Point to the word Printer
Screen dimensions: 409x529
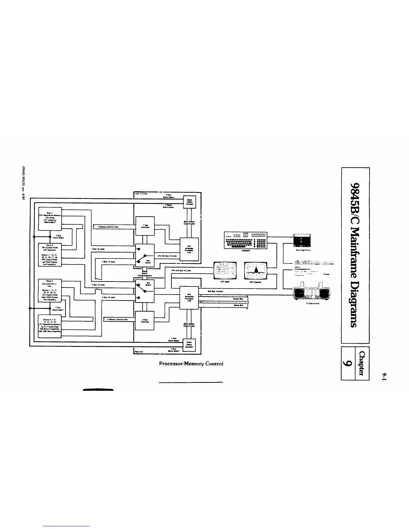tap(326, 274)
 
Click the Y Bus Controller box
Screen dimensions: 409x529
tap(145, 226)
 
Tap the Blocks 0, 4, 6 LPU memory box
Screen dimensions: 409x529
tap(50, 326)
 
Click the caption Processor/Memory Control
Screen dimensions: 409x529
tap(191, 364)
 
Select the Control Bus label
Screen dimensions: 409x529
tap(238, 299)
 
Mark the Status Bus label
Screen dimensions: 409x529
tap(238, 305)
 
